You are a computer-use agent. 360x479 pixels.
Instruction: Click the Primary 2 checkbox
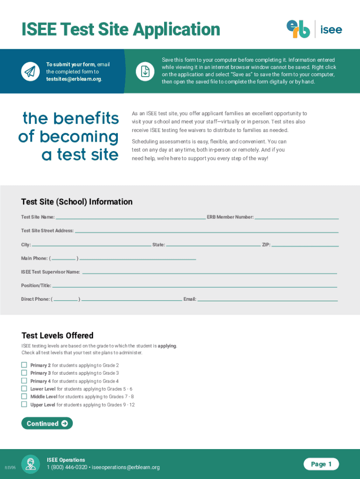pos(24,365)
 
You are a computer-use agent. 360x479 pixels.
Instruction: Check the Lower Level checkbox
pos(24,389)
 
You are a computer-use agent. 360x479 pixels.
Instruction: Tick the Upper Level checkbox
pos(24,405)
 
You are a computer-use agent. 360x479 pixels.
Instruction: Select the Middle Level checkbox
pos(24,397)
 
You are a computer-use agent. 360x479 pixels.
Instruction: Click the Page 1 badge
pos(321,464)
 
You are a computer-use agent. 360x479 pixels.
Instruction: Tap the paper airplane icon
pos(29,72)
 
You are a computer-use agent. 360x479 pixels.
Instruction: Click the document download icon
pos(145,72)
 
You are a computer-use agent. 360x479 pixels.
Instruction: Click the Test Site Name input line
pos(130,217)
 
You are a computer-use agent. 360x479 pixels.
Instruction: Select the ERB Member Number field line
pos(296,217)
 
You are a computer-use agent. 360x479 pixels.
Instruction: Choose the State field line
pos(213,244)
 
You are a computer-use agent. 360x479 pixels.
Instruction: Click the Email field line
pos(267,299)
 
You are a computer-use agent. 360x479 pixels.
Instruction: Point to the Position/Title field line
pos(194,285)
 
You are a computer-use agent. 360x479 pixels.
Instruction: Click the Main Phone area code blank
pos(64,258)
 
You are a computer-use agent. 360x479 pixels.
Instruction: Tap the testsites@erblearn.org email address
pos(73,79)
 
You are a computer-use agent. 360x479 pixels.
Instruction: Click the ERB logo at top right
pos(298,29)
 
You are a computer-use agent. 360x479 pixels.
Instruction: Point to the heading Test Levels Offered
pos(58,335)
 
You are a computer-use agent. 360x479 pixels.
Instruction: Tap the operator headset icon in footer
pos(31,464)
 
